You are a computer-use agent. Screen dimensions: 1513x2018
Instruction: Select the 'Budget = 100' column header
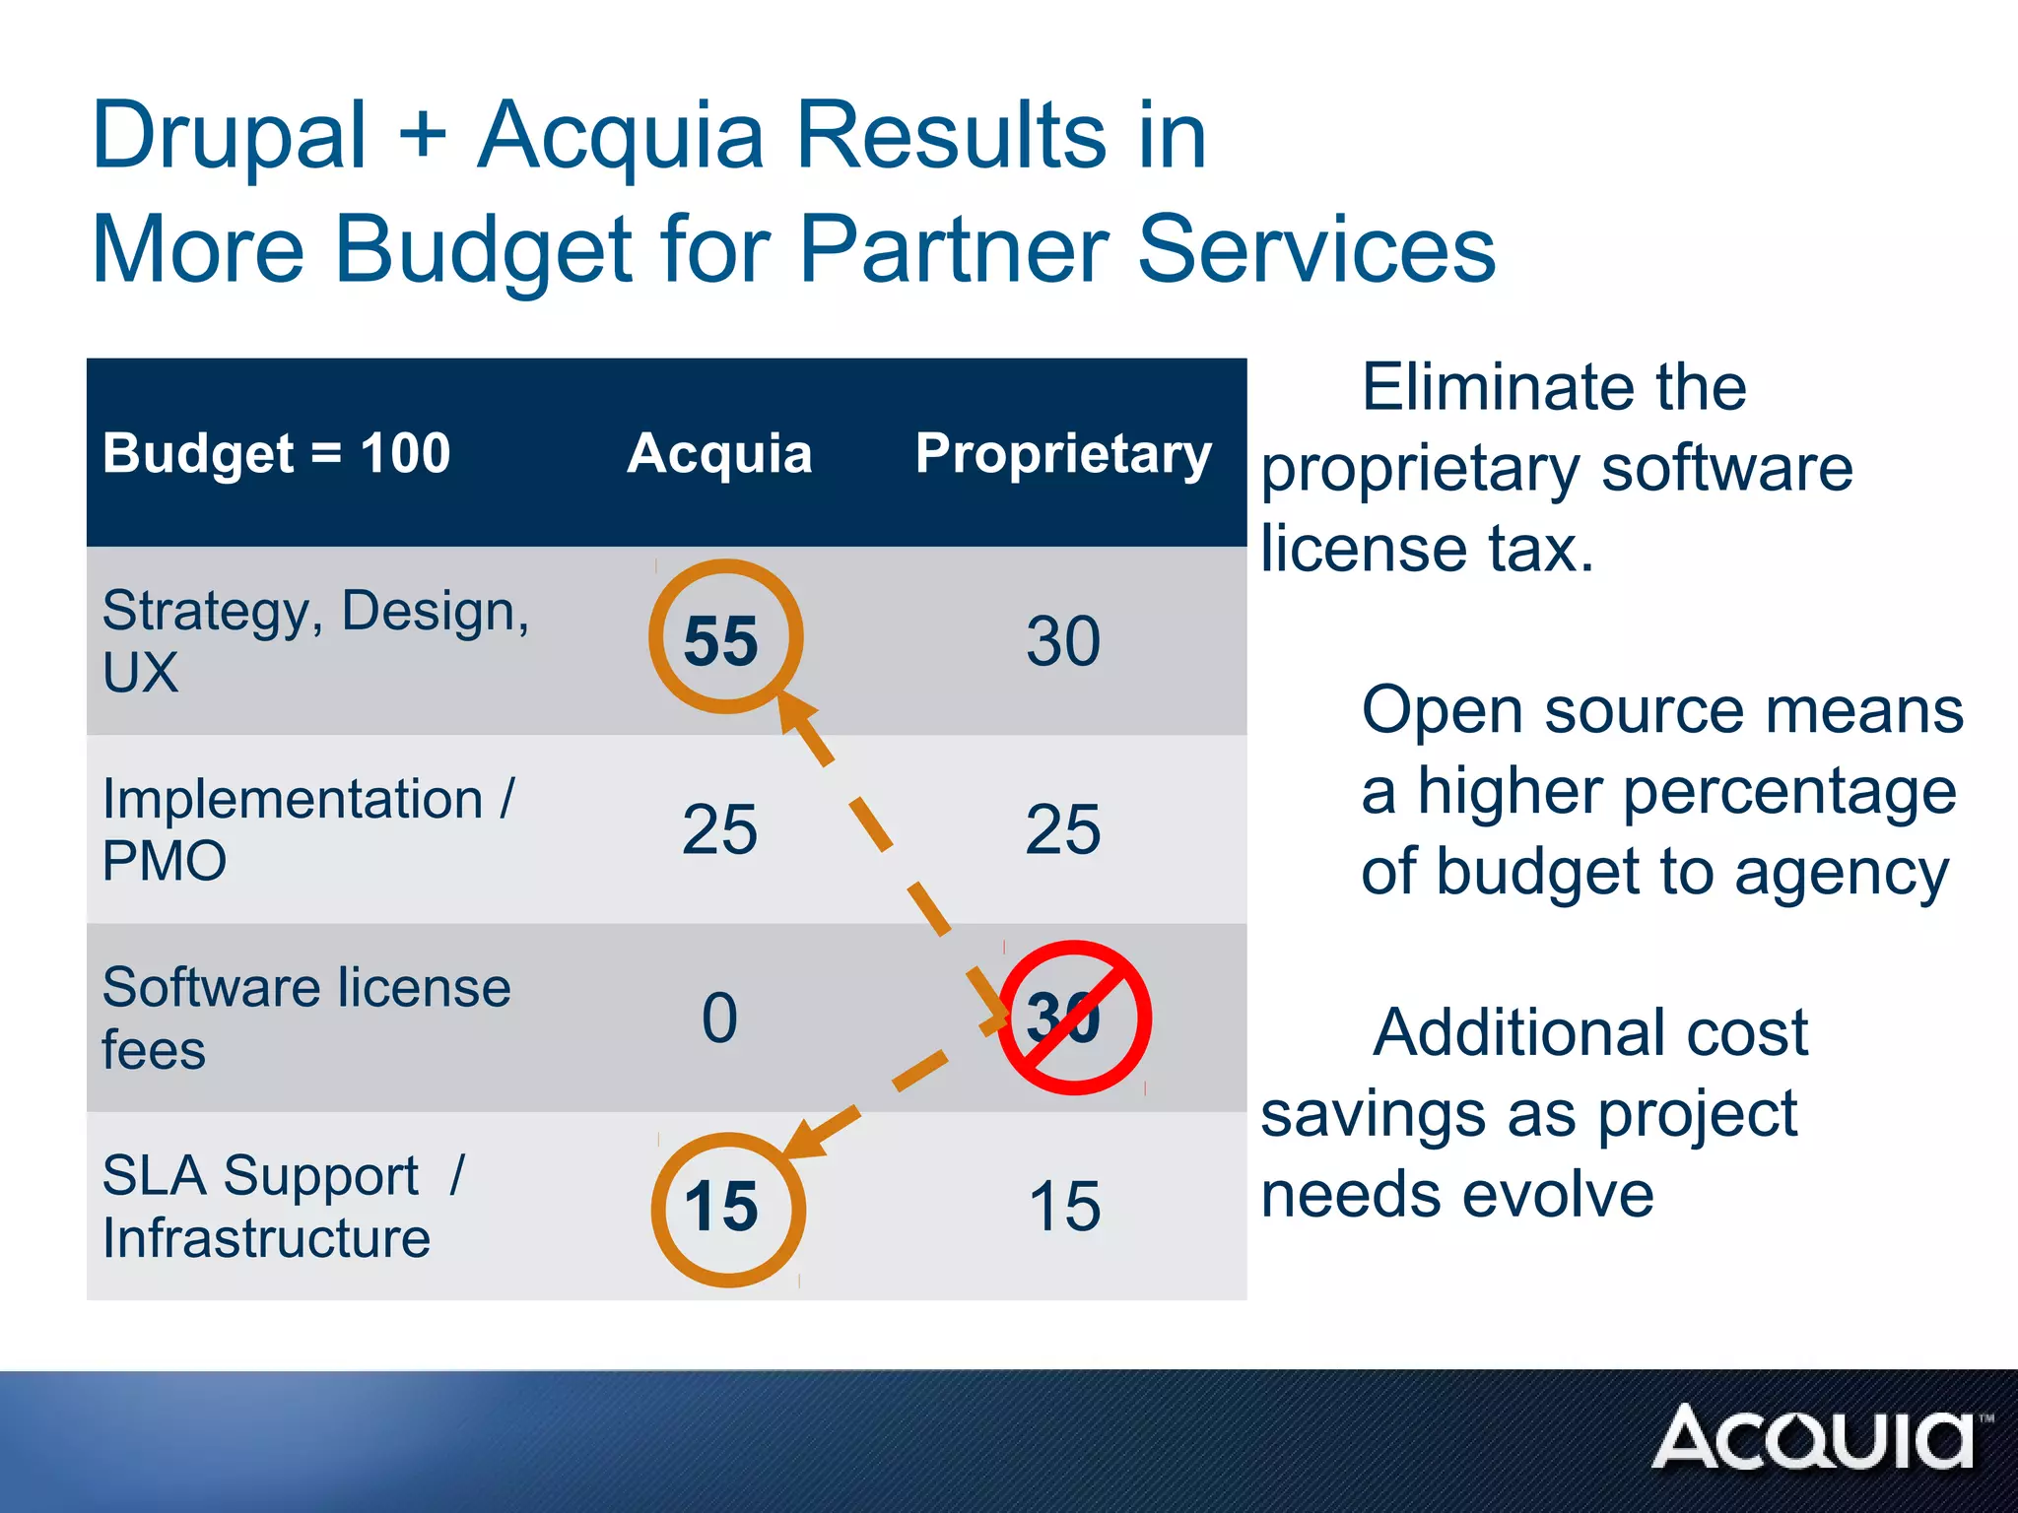pos(276,453)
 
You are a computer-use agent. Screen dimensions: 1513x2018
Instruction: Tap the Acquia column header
pos(719,453)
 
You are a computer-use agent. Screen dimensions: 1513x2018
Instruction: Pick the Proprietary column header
pos(1063,453)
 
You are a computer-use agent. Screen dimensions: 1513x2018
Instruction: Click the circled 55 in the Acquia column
pos(725,638)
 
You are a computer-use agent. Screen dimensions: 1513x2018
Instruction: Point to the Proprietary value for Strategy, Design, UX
pos(1063,641)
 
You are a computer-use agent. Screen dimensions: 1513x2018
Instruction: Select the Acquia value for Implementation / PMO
pos(719,829)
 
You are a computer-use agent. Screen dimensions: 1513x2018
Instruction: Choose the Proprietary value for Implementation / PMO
pos(1063,829)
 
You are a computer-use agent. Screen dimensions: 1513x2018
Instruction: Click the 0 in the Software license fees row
pos(719,1018)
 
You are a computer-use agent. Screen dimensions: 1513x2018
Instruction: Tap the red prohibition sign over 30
pos(1074,1018)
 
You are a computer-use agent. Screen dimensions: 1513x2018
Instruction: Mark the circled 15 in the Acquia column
pos(727,1209)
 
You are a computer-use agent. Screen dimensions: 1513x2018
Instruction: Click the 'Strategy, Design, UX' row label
pos(315,641)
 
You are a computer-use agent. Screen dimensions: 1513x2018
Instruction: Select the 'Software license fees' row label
pos(305,1018)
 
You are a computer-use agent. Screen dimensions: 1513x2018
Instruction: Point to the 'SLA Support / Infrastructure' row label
pos(282,1206)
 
